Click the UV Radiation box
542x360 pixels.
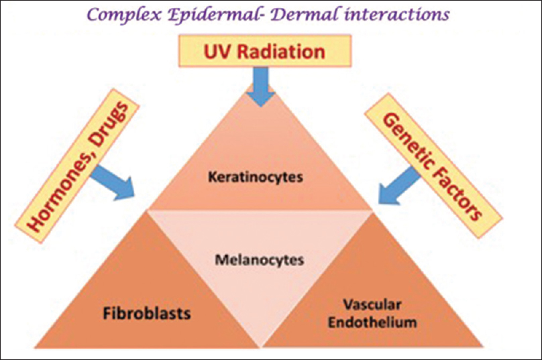pos(265,51)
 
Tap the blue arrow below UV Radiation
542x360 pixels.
pos(261,86)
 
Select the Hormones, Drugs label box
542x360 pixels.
pos(76,166)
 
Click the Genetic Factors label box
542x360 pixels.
pos(433,166)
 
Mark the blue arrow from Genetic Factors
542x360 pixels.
pos(399,186)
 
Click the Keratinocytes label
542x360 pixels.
pos(256,177)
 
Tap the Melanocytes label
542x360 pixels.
pos(259,260)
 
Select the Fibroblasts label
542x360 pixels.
pos(147,314)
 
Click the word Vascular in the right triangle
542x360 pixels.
pos(372,305)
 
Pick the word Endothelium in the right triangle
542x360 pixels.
pos(372,322)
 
